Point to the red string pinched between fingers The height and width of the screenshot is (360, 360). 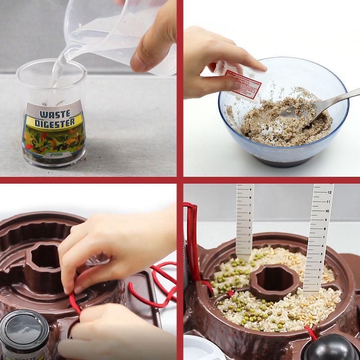pyautogui.click(x=74, y=301)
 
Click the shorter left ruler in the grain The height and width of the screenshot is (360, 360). pyautogui.click(x=245, y=220)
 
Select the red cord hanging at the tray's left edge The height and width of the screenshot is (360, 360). pyautogui.click(x=192, y=243)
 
